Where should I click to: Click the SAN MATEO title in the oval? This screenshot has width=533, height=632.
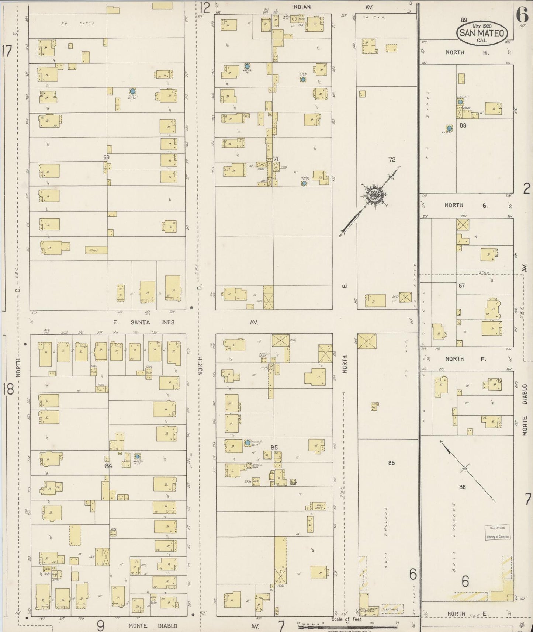pyautogui.click(x=482, y=33)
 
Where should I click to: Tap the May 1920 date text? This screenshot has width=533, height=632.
pyautogui.click(x=482, y=26)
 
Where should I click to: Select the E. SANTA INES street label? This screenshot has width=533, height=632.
pyautogui.click(x=143, y=322)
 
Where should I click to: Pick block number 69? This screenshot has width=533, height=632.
pyautogui.click(x=107, y=157)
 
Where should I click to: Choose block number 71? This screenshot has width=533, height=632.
pyautogui.click(x=276, y=159)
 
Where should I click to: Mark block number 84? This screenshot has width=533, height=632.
pyautogui.click(x=108, y=466)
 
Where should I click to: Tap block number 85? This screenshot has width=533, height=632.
pyautogui.click(x=274, y=448)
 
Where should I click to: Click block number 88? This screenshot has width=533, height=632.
pyautogui.click(x=463, y=125)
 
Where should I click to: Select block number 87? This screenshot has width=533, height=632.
pyautogui.click(x=462, y=285)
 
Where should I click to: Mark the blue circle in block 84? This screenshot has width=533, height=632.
pyautogui.click(x=137, y=456)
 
